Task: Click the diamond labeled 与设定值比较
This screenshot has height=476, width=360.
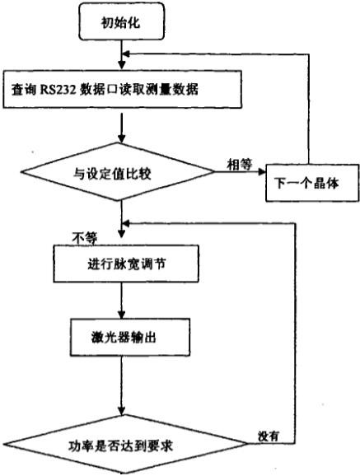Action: [122, 174]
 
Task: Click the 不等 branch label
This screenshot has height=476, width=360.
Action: [84, 237]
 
